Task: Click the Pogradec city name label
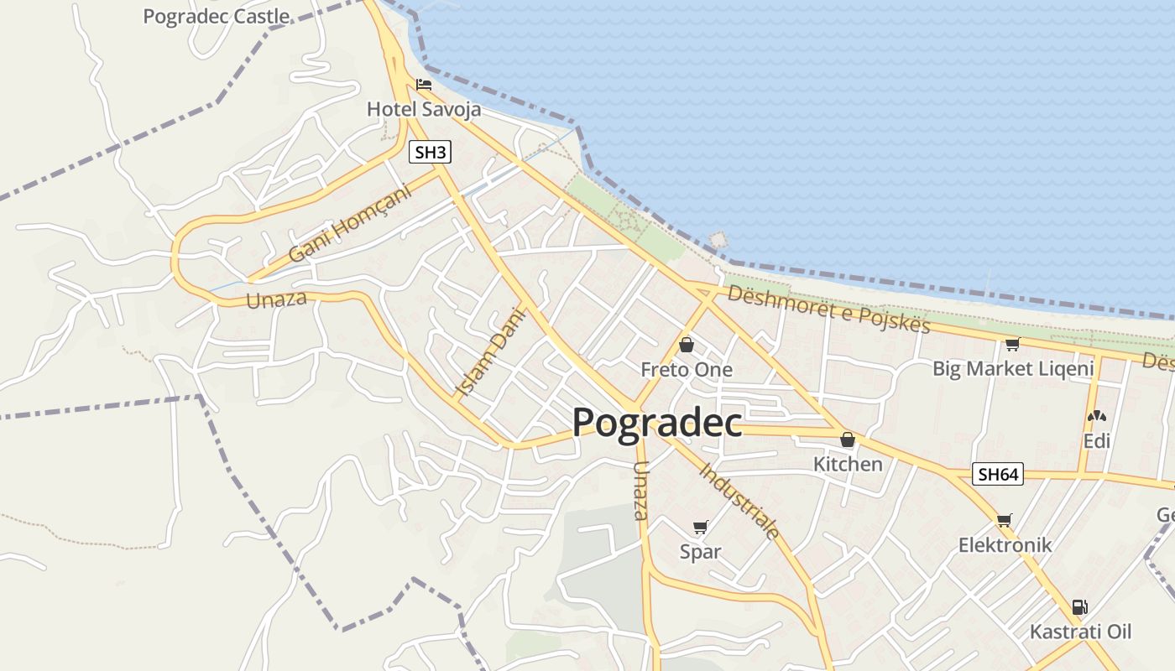[657, 424]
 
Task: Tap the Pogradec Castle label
[217, 16]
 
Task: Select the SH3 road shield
[431, 153]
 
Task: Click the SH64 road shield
[999, 474]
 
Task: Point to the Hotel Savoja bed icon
[424, 85]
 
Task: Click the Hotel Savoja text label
[424, 109]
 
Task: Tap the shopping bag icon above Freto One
[686, 345]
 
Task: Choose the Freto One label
[686, 369]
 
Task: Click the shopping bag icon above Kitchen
[848, 440]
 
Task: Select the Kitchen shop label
[848, 464]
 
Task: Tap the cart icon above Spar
[700, 528]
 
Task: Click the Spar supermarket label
[700, 552]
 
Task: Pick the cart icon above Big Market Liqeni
[1012, 344]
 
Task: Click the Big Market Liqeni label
[1013, 368]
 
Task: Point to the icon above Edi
[1096, 416]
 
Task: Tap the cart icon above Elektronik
[1004, 520]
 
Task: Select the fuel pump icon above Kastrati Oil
[1079, 607]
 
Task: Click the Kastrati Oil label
[1080, 632]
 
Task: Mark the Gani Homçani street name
[350, 224]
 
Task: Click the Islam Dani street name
[489, 351]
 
